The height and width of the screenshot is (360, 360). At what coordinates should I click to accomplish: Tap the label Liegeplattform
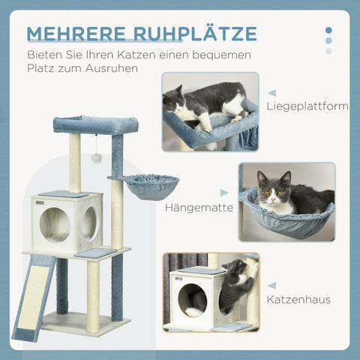[307, 106]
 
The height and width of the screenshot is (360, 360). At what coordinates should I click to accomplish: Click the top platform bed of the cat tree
[95, 124]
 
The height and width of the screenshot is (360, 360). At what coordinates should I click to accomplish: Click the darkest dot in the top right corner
[328, 31]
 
